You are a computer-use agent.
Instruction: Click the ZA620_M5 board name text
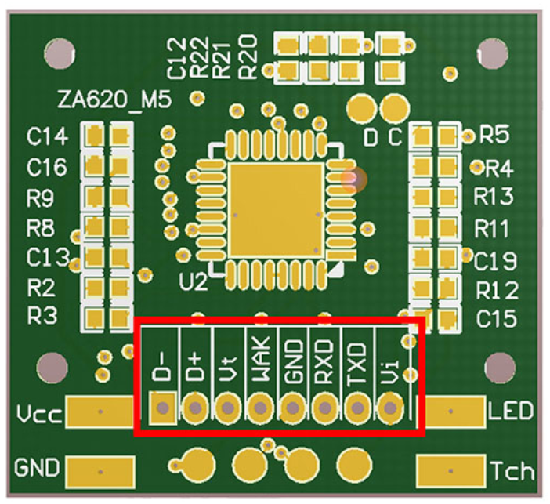tap(114, 100)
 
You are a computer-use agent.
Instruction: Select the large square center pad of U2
tap(275, 211)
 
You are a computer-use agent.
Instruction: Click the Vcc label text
tap(37, 413)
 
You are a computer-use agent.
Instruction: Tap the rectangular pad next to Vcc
tap(100, 410)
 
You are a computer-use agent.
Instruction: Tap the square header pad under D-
tap(162, 408)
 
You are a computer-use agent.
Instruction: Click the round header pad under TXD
tap(357, 408)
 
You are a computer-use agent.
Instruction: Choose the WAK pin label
tap(259, 358)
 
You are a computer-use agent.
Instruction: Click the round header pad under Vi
tap(389, 408)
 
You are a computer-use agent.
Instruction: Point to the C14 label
tap(47, 138)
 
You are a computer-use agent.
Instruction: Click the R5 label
tap(494, 135)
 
